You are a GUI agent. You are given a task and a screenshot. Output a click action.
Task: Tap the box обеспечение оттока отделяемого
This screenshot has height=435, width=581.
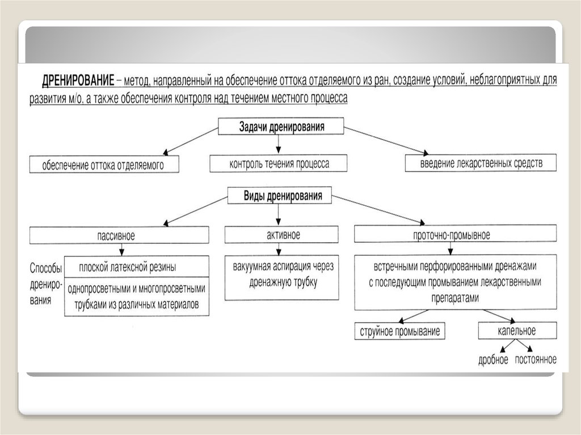[x=104, y=164]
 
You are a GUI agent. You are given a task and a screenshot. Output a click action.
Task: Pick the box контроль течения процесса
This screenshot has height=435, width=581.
[x=279, y=164]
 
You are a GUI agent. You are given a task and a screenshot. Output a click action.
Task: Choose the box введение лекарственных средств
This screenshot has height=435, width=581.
[x=481, y=163]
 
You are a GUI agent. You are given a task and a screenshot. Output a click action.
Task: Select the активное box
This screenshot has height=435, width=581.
[x=282, y=235]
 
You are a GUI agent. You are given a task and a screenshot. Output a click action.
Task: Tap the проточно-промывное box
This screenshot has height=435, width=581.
[x=455, y=235]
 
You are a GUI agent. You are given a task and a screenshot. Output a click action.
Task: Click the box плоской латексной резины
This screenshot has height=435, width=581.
[x=136, y=266]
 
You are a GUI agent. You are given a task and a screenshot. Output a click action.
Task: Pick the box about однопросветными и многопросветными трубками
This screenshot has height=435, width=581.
[x=136, y=296]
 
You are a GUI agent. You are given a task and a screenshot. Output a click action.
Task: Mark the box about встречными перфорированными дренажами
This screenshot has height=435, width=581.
[x=455, y=282]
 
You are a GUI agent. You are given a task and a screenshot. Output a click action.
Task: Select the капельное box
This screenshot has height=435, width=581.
[x=517, y=331]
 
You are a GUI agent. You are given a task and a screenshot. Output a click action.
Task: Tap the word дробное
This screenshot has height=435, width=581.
[x=493, y=360]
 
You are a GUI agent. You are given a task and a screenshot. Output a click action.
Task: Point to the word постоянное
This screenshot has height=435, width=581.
[x=536, y=360]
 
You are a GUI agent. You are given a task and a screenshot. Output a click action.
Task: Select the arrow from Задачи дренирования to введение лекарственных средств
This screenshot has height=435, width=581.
[x=386, y=141]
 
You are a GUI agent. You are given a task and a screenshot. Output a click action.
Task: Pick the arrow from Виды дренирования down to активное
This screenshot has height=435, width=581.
[x=277, y=214]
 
